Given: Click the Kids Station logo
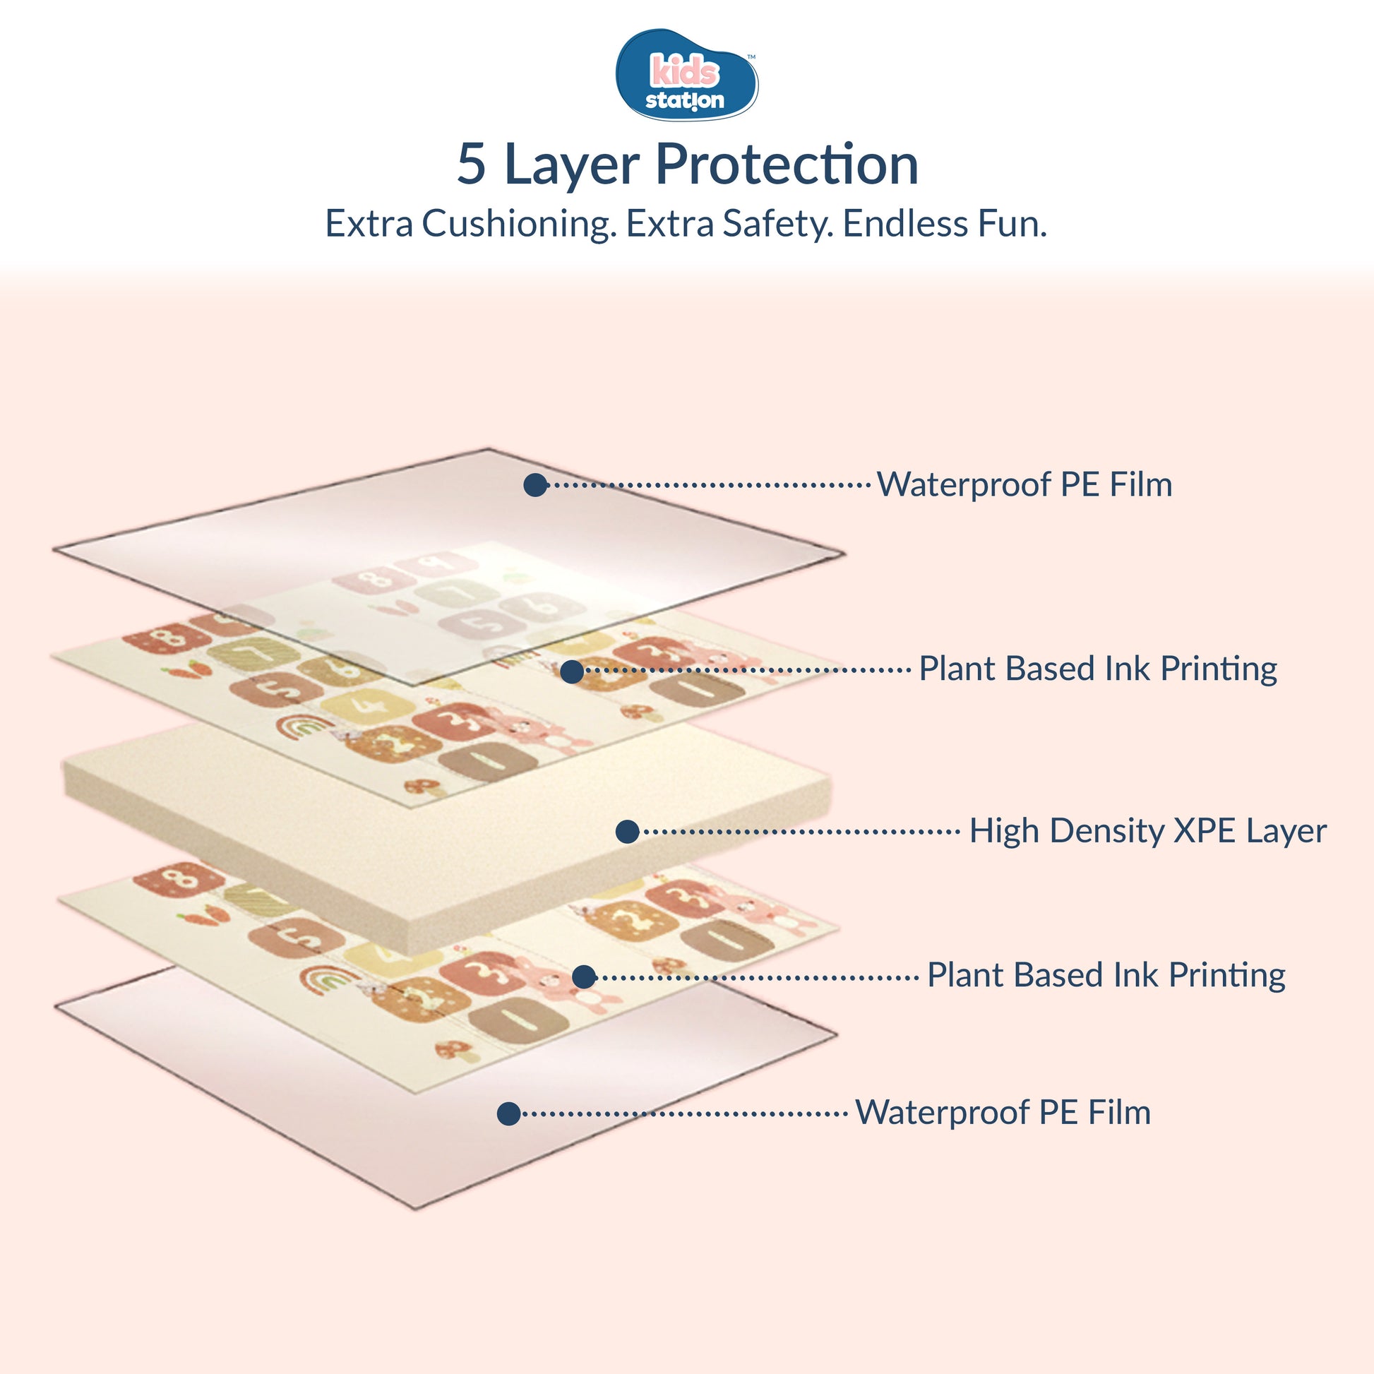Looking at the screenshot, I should (x=686, y=75).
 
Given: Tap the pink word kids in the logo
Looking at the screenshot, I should (x=685, y=71).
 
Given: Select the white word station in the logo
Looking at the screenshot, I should (x=684, y=100).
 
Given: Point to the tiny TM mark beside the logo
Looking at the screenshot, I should (x=751, y=57).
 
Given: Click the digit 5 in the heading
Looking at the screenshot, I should (x=472, y=165).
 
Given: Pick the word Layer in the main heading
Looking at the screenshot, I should (x=572, y=166).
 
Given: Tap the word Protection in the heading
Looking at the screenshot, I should (x=787, y=165).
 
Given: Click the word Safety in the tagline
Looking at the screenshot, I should (x=778, y=224).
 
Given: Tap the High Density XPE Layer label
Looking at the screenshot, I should (x=1148, y=830).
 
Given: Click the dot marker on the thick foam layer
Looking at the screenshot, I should (x=627, y=831).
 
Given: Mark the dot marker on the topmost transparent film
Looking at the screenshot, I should (x=534, y=485).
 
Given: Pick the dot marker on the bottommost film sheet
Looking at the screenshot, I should (x=508, y=1113).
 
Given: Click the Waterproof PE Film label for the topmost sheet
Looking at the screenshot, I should (x=1024, y=485).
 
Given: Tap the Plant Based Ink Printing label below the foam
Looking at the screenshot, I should (x=1106, y=975).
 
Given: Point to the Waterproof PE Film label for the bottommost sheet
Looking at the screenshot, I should (x=1003, y=1113).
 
